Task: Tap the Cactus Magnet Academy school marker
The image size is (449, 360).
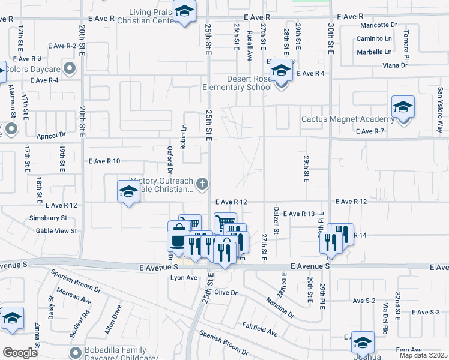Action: click(403, 108)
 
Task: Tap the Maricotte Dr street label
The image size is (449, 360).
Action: click(379, 25)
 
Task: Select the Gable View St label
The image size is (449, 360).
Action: click(56, 230)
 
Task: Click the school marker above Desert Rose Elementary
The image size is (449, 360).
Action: click(280, 71)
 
